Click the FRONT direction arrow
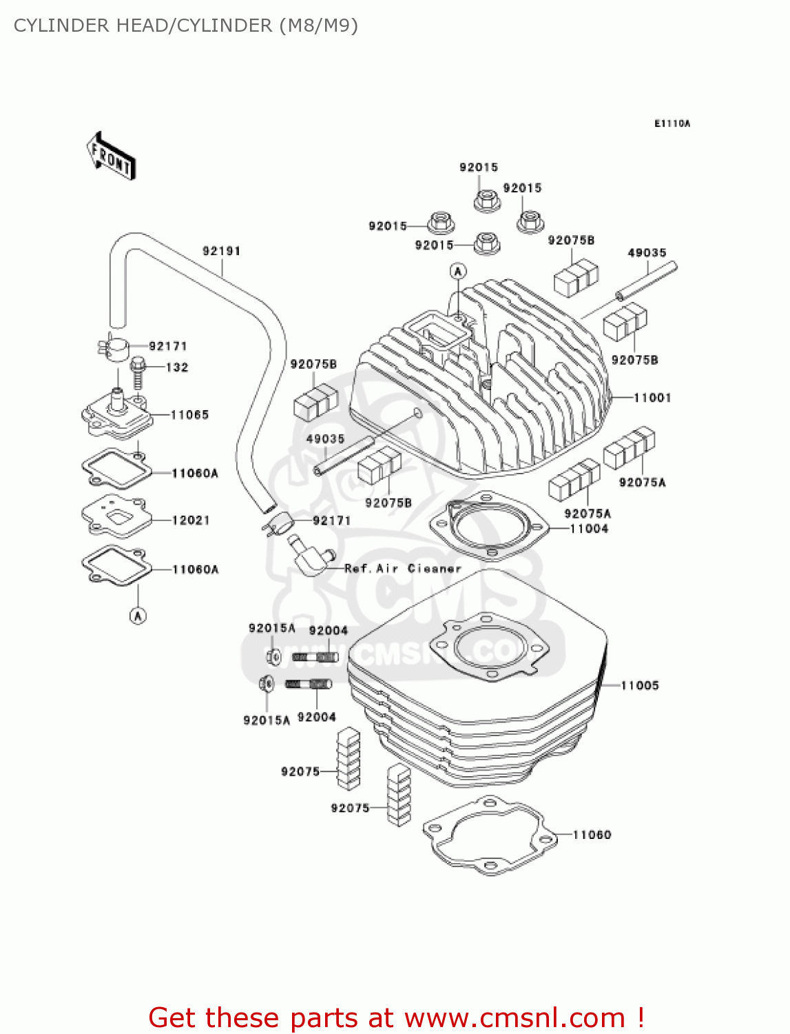tap(111, 156)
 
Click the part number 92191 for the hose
tap(221, 251)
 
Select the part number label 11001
tap(652, 398)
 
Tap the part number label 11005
tap(640, 685)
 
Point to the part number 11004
tap(589, 529)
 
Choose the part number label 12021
tap(191, 520)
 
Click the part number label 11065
tap(189, 415)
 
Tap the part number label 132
tap(177, 367)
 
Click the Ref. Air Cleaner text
tap(402, 569)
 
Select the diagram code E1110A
tap(672, 124)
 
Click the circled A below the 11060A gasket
tap(138, 616)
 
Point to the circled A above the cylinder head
tap(458, 271)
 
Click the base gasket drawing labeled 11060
tap(489, 835)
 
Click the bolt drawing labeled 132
tap(138, 372)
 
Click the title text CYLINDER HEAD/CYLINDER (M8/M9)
tap(186, 26)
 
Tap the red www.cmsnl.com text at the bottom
tap(514, 1018)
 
